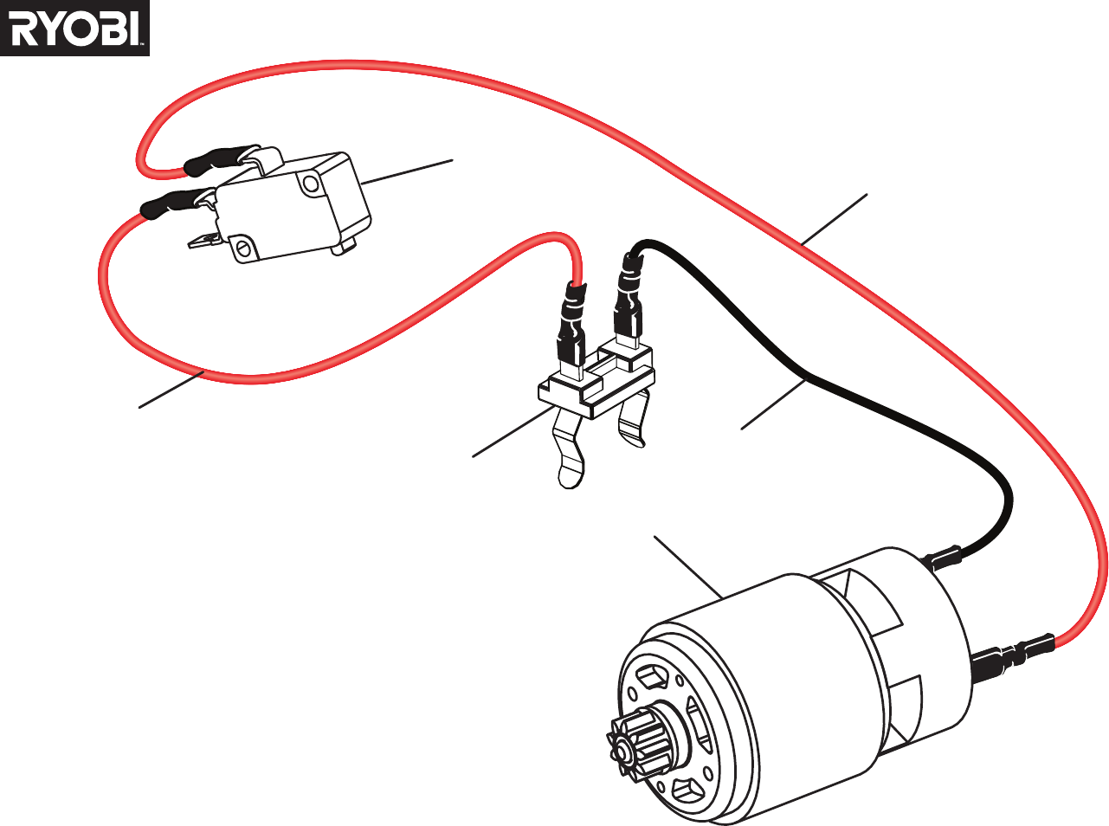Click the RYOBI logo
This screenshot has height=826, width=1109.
coord(74,28)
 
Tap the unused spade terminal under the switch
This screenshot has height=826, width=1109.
coord(206,242)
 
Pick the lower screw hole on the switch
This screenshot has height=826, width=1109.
coord(243,247)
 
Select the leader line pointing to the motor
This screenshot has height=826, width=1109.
coord(688,567)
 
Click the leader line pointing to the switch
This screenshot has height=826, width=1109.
coord(408,172)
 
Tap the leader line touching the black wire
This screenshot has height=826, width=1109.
coord(773,405)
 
